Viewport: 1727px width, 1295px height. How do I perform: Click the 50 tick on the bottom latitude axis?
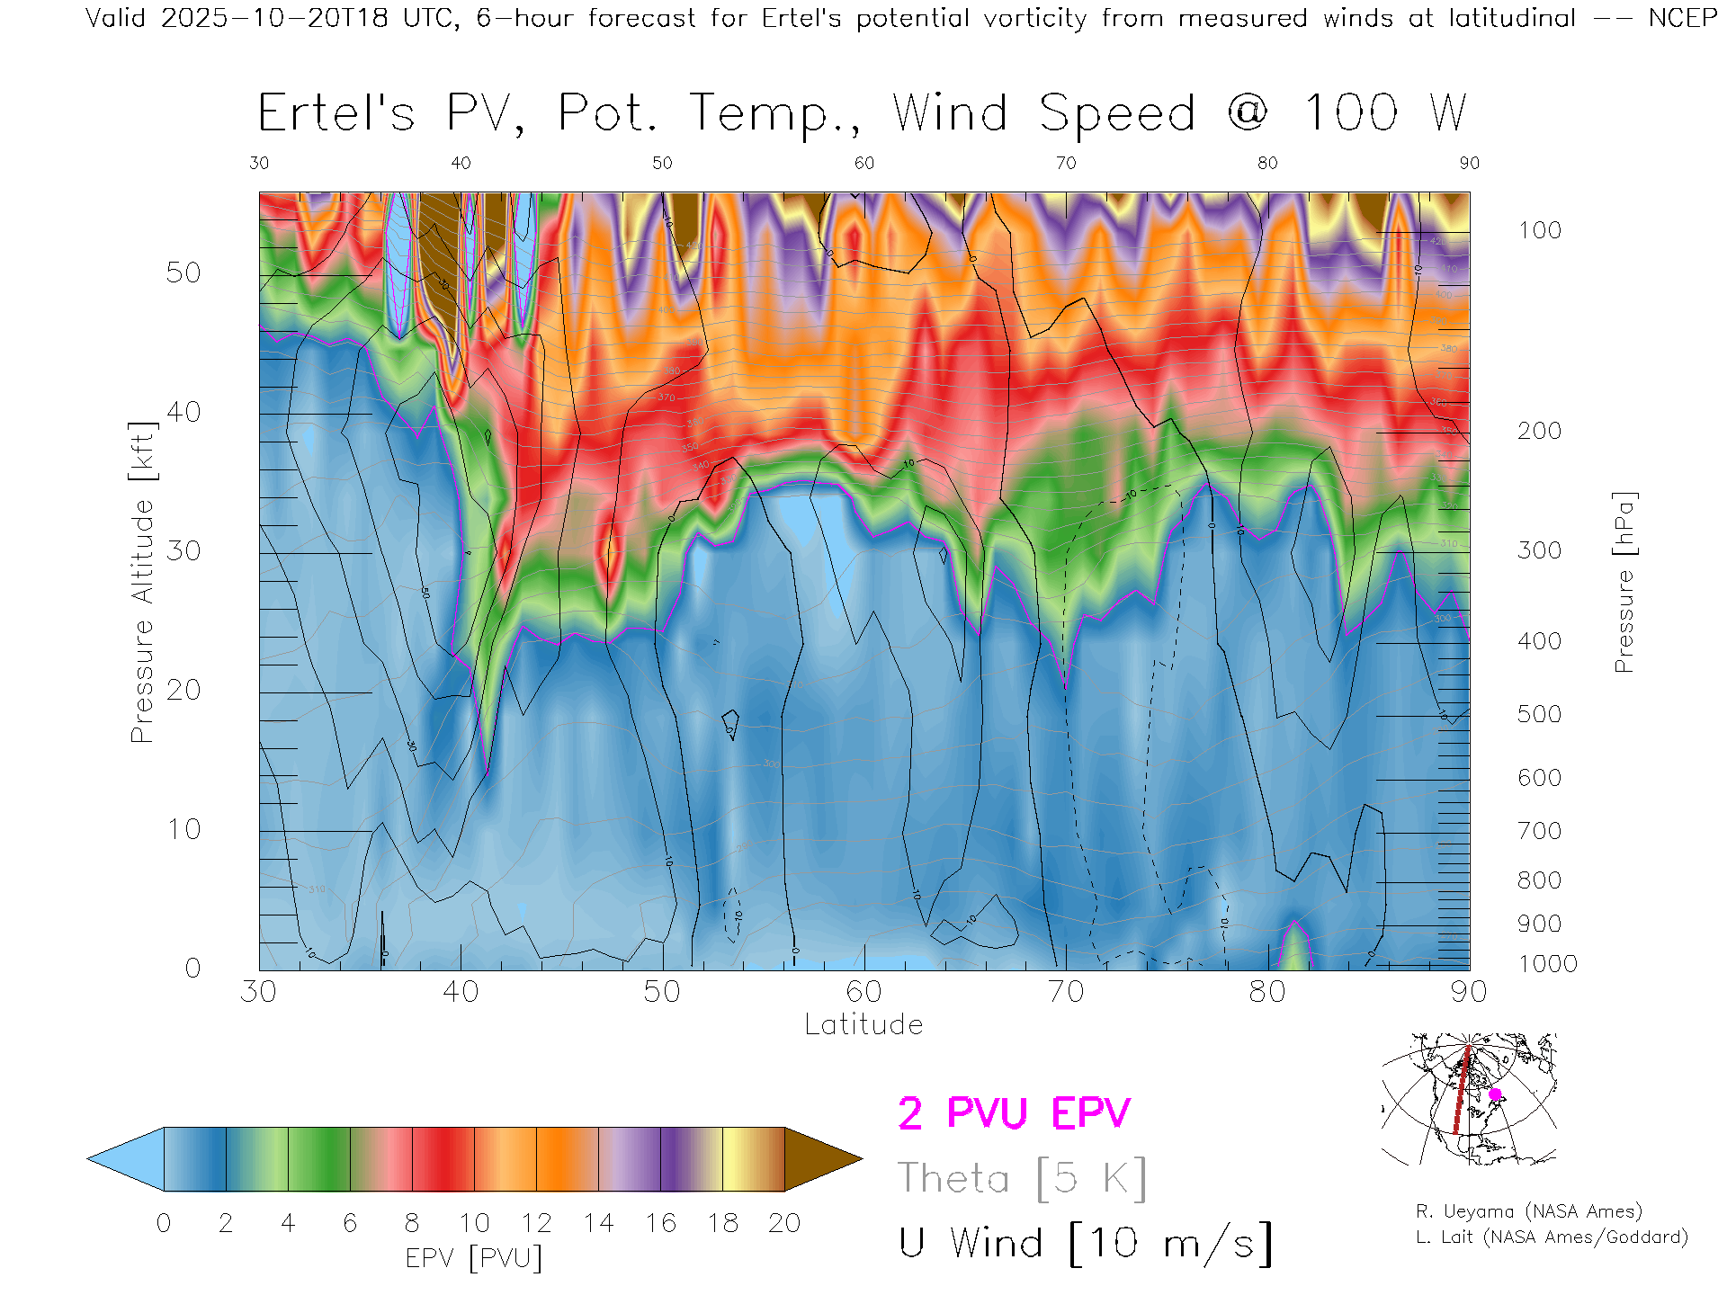(x=662, y=991)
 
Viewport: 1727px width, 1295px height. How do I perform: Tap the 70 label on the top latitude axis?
(x=1066, y=163)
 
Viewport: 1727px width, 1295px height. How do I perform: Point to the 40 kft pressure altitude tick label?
(x=183, y=412)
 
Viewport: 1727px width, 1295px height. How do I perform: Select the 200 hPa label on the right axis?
(x=1540, y=431)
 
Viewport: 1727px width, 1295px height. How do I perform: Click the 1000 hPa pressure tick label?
(x=1547, y=964)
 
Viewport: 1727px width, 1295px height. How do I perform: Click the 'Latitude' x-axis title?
(x=863, y=1024)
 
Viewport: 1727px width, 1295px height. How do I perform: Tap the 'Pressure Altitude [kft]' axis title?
(x=142, y=582)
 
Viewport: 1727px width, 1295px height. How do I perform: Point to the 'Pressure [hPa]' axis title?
(x=1624, y=582)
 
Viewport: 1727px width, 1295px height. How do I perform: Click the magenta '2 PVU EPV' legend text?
(x=1014, y=1113)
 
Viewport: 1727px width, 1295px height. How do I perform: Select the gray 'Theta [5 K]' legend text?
(x=1022, y=1178)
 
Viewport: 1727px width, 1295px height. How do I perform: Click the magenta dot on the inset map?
(x=1495, y=1094)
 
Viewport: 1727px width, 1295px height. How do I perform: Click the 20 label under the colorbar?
(x=784, y=1223)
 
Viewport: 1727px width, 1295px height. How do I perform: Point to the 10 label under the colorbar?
(x=474, y=1223)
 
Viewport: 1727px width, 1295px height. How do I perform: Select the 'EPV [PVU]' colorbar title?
(x=474, y=1258)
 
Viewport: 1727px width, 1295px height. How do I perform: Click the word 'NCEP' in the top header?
(x=1682, y=18)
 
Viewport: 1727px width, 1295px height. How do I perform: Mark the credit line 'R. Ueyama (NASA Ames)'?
(x=1529, y=1211)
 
